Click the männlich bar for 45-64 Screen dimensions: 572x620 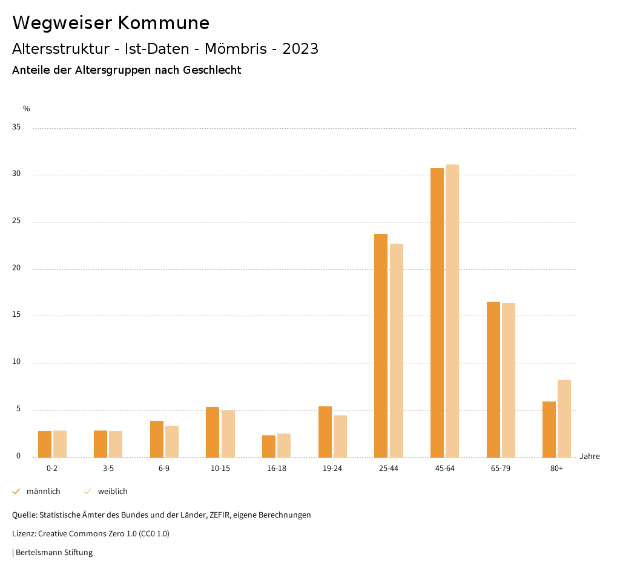tap(437, 313)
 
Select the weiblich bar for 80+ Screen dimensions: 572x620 tap(564, 418)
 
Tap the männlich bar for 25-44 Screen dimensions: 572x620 tap(381, 345)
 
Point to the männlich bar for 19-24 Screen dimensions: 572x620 tap(325, 432)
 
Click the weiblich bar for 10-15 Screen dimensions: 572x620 tap(228, 434)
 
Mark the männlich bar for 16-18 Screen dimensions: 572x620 tap(269, 446)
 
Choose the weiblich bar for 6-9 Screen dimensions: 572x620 tap(172, 441)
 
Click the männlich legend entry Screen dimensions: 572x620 tap(37, 492)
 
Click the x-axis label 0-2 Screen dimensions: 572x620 tap(52, 469)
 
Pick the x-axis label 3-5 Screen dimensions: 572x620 tap(108, 469)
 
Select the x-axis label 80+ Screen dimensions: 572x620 tap(557, 469)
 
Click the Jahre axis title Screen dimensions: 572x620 tap(590, 457)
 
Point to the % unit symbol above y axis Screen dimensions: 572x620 tap(27, 109)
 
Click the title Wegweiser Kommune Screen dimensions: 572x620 tap(111, 23)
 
